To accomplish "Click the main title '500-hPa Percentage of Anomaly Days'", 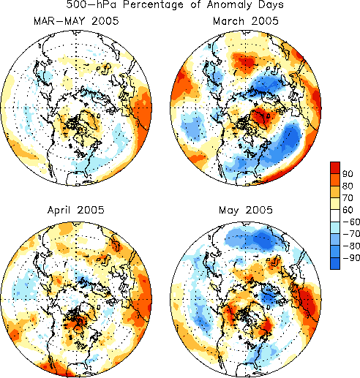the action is coord(175,4).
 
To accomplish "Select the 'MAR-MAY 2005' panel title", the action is coord(76,21).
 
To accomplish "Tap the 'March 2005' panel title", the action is coord(246,21).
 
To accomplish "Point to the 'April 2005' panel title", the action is coord(76,210).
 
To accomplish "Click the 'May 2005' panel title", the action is coord(246,210).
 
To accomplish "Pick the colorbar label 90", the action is coord(348,174).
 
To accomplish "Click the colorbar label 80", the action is coord(348,186).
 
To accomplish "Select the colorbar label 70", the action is coord(348,198).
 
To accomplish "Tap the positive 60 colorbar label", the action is coord(348,210).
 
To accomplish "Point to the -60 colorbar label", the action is coord(351,222).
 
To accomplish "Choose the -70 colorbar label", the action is coord(351,234).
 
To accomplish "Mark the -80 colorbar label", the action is coord(351,246).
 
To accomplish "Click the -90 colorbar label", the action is coord(351,258).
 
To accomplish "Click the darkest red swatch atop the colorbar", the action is coord(335,167).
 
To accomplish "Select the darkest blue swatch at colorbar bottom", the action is coord(335,263).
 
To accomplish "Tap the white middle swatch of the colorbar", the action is coord(335,216).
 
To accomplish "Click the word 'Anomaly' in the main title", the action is coord(226,5).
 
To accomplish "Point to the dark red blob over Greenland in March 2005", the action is coord(261,117).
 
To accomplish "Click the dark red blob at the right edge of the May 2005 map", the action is coord(309,302).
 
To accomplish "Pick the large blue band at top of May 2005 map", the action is coord(255,238).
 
